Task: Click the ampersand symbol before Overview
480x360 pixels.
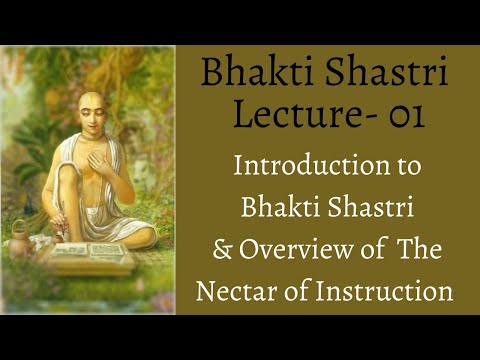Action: pos(220,251)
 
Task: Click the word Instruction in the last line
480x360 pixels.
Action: pos(392,293)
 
